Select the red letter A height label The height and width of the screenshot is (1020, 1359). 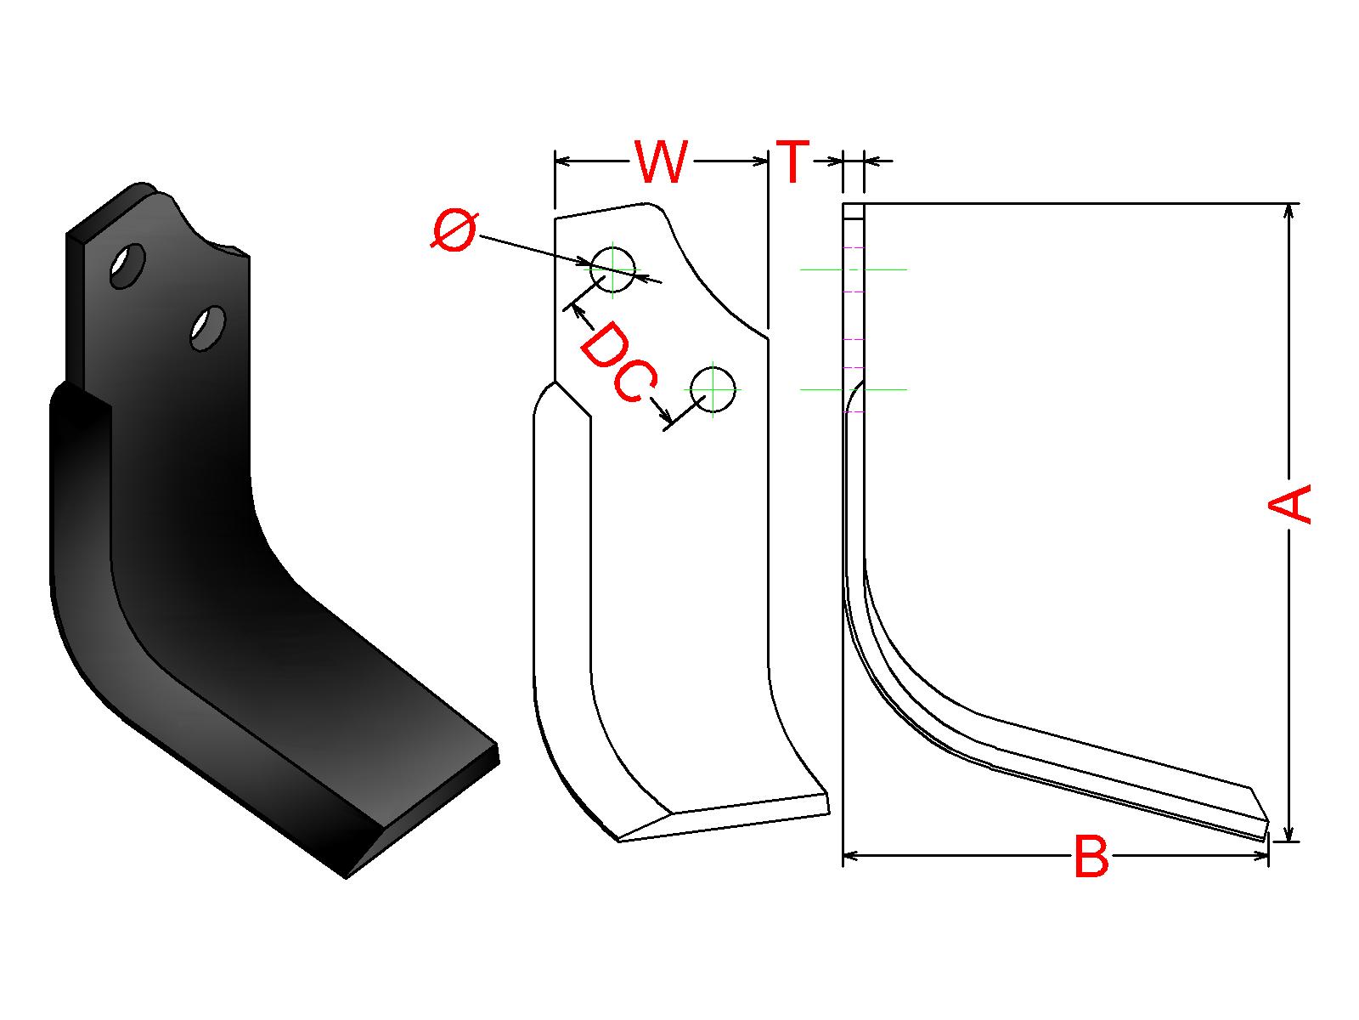pyautogui.click(x=1290, y=504)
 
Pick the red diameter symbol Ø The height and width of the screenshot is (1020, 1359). pyautogui.click(x=454, y=231)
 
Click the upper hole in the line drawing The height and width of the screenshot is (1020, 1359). pyautogui.click(x=612, y=269)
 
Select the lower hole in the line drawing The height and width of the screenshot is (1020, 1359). pyautogui.click(x=713, y=389)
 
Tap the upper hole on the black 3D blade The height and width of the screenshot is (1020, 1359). pyautogui.click(x=127, y=266)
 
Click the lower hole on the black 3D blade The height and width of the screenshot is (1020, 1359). pyautogui.click(x=207, y=327)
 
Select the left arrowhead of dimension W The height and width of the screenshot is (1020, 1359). pyautogui.click(x=561, y=160)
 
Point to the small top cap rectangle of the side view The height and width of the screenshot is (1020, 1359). pyautogui.click(x=854, y=211)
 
